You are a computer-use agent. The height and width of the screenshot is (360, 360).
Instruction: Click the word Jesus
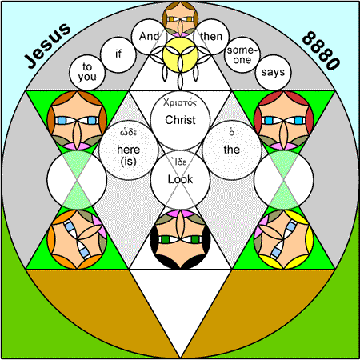pyautogui.click(x=47, y=46)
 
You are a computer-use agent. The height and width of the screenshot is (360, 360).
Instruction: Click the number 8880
pyautogui.click(x=321, y=50)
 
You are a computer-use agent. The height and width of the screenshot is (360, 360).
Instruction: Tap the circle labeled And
pyautogui.click(x=150, y=37)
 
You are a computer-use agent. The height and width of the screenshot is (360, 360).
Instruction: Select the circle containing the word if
pyautogui.click(x=118, y=54)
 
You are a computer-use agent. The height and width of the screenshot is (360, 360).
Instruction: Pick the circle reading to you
pyautogui.click(x=87, y=72)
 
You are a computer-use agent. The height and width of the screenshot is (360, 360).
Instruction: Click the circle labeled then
pyautogui.click(x=211, y=37)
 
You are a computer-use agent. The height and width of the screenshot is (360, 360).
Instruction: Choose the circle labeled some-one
pyautogui.click(x=242, y=55)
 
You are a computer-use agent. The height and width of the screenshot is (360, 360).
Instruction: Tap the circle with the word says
pyautogui.click(x=273, y=72)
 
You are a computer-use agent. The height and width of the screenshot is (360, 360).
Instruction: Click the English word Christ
pyautogui.click(x=180, y=120)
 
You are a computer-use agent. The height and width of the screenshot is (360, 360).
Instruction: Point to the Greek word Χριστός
pyautogui.click(x=180, y=102)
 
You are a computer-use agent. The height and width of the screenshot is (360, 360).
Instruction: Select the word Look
pyautogui.click(x=180, y=179)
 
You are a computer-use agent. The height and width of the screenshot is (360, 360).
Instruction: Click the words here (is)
pyautogui.click(x=129, y=155)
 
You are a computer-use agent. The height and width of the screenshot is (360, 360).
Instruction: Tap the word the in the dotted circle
pyautogui.click(x=232, y=150)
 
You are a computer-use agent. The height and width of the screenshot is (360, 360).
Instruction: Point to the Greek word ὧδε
pyautogui.click(x=129, y=132)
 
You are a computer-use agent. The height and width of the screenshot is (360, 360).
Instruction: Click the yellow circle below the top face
pyautogui.click(x=180, y=55)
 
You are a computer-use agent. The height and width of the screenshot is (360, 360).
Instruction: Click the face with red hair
pyautogui.click(x=284, y=120)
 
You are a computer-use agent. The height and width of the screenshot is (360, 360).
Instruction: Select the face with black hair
pyautogui.click(x=180, y=239)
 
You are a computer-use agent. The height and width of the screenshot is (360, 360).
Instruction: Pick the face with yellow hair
pyautogui.click(x=284, y=239)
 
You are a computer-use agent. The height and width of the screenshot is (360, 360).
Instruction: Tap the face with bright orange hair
pyautogui.click(x=77, y=239)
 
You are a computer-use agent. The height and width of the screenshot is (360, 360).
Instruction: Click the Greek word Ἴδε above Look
pyautogui.click(x=179, y=162)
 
